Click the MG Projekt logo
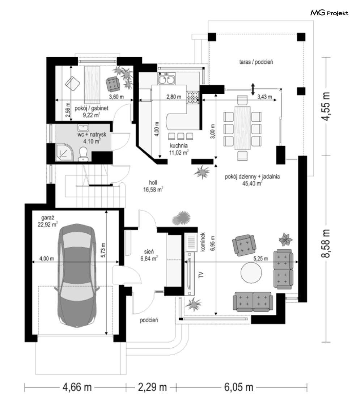tap(329, 13)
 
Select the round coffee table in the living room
tap(251, 273)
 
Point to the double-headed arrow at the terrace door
tap(253, 88)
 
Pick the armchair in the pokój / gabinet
tap(113, 84)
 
